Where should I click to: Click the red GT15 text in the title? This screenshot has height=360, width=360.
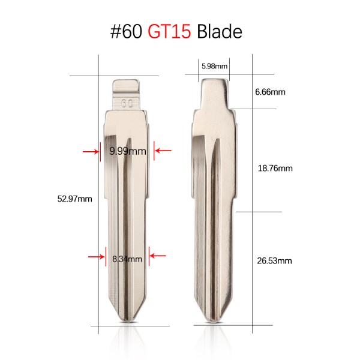click(169, 31)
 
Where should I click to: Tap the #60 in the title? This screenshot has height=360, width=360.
click(126, 31)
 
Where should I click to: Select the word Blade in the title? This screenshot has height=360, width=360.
click(220, 31)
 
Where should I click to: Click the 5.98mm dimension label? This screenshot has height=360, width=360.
click(214, 67)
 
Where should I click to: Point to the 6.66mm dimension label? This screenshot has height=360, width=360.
click(270, 92)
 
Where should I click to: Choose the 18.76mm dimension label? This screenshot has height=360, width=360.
click(275, 169)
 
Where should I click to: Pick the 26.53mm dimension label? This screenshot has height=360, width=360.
click(274, 261)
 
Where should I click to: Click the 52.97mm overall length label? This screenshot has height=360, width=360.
click(74, 199)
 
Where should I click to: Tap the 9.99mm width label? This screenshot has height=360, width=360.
click(128, 151)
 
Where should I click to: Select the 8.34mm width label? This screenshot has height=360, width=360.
click(127, 259)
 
